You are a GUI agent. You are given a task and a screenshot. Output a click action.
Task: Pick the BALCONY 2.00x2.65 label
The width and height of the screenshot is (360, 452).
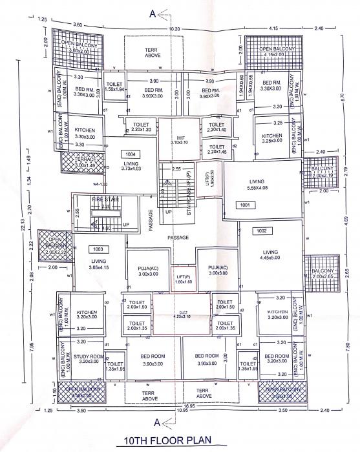click(322, 274)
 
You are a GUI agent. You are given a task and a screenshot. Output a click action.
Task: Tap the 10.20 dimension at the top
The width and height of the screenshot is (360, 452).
click(175, 29)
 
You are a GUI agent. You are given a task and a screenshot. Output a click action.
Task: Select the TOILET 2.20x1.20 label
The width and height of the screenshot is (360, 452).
click(141, 127)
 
